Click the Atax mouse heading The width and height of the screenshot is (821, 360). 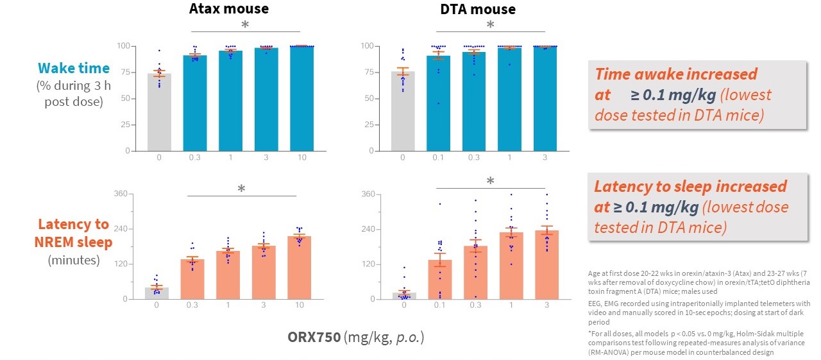click(x=228, y=9)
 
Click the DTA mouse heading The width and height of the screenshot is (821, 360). click(x=478, y=9)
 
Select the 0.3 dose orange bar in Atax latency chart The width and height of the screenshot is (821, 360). click(x=192, y=279)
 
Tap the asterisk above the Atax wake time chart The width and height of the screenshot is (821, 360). click(x=244, y=25)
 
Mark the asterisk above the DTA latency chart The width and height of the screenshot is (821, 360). click(x=490, y=182)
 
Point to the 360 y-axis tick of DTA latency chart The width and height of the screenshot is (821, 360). click(x=368, y=194)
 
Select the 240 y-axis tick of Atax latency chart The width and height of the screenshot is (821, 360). click(x=119, y=229)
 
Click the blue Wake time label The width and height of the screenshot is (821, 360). click(x=73, y=68)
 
